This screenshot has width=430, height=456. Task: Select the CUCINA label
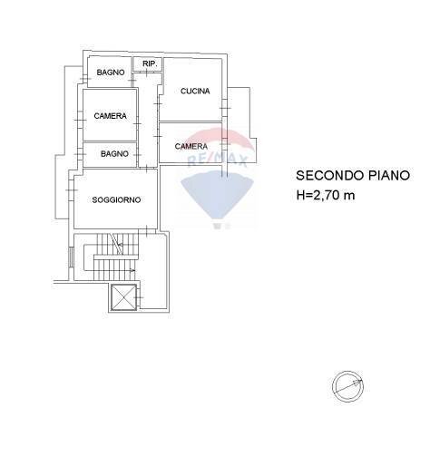(x=194, y=91)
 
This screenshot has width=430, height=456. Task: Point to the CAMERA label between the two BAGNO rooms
(x=110, y=116)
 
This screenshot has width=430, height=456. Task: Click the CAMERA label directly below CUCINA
(x=191, y=146)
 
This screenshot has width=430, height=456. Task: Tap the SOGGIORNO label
(x=116, y=200)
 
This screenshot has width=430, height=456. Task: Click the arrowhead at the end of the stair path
(x=134, y=270)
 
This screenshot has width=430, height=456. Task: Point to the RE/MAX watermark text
(x=205, y=160)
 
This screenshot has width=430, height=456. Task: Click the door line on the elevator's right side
(x=138, y=296)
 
